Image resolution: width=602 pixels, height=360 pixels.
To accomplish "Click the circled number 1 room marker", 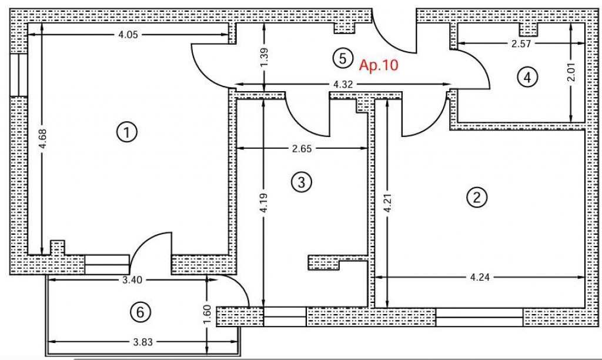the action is pos(127,132).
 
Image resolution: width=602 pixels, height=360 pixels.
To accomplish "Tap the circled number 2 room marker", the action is pos(477,198).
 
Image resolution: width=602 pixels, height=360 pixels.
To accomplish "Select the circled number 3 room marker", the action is pos(302,182).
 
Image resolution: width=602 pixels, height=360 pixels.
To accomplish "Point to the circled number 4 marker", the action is pos(527,77).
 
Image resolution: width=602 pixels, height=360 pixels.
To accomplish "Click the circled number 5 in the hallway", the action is pos(343,59).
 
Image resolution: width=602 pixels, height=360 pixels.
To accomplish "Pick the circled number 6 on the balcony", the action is pos(140,312).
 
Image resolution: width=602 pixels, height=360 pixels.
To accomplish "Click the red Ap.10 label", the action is pos(379,65).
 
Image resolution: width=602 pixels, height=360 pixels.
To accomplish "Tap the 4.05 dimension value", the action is pos(128,35).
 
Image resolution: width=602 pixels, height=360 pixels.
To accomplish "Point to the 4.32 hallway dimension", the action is pos(343,84).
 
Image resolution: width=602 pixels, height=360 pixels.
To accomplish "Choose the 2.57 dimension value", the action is pos(521,44).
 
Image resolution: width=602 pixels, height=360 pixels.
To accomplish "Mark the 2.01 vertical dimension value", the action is pos(571,72).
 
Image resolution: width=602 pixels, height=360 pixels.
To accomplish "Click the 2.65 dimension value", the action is pos(302,148).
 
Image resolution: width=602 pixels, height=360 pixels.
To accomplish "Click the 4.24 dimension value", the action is pos(480,277).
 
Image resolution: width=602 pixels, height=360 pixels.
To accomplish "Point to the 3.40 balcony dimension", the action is pos(132,280).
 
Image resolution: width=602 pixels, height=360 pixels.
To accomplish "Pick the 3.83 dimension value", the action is pos(143,342).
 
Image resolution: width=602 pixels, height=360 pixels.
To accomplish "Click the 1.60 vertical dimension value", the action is pos(207,315).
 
